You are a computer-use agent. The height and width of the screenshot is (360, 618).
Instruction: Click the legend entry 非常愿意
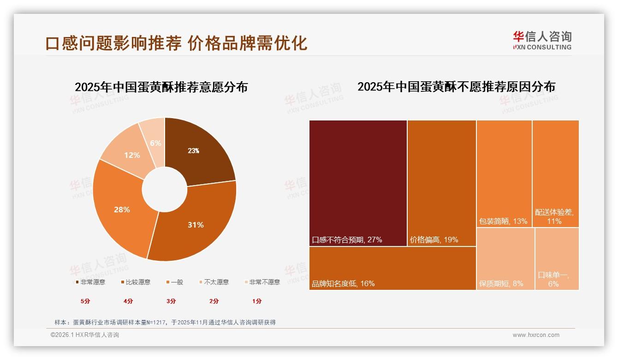(90, 282)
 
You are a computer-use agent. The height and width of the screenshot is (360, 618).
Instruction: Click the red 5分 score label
(86, 301)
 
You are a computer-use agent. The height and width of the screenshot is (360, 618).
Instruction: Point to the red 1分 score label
(257, 301)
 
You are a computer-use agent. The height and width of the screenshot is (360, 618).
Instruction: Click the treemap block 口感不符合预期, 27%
(358, 183)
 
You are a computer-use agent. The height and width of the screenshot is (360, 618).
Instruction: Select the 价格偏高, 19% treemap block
(441, 183)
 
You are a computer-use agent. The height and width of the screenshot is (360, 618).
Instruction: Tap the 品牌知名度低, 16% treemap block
(392, 268)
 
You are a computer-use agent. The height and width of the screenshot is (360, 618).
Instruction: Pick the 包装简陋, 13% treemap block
(504, 174)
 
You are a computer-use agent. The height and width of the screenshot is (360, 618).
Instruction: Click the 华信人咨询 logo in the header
(542, 40)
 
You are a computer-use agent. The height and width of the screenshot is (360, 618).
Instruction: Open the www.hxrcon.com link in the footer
(536, 335)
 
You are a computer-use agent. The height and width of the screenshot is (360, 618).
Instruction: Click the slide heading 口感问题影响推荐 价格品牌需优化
(176, 43)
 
